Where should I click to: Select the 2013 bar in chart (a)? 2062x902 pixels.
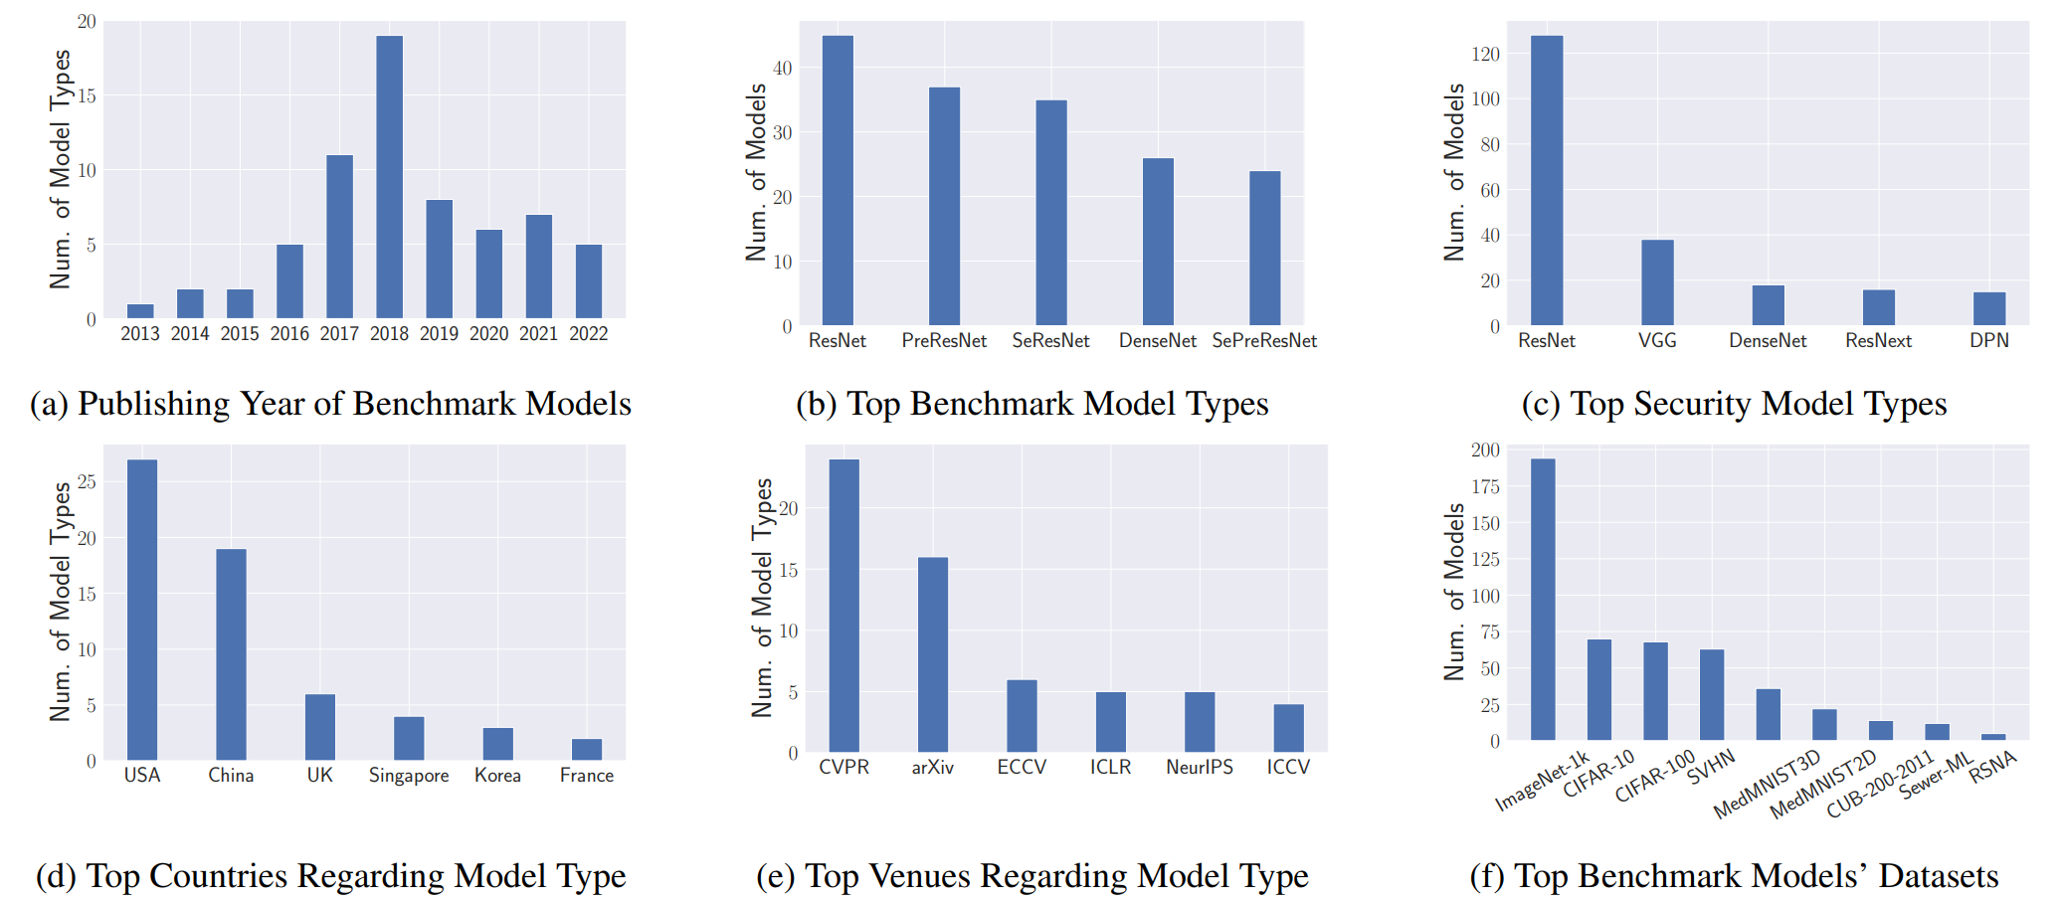(x=140, y=311)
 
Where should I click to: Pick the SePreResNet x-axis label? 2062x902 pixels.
(x=1263, y=341)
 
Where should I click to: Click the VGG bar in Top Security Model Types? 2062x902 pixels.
(x=1657, y=282)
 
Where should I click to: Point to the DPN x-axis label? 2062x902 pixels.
(x=1988, y=341)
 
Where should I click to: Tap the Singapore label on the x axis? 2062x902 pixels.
(x=408, y=776)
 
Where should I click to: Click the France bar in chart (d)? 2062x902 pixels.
(x=587, y=750)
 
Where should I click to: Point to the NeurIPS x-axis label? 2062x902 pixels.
(x=1199, y=768)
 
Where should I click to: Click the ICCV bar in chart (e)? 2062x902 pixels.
(x=1288, y=728)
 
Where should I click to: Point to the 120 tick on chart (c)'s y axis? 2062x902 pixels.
(x=1485, y=54)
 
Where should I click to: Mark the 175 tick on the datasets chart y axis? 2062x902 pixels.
(x=1485, y=486)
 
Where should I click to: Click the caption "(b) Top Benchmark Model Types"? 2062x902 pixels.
(x=1031, y=404)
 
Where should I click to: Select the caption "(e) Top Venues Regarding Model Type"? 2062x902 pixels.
(x=1031, y=876)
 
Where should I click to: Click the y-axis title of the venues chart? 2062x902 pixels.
(x=762, y=598)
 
